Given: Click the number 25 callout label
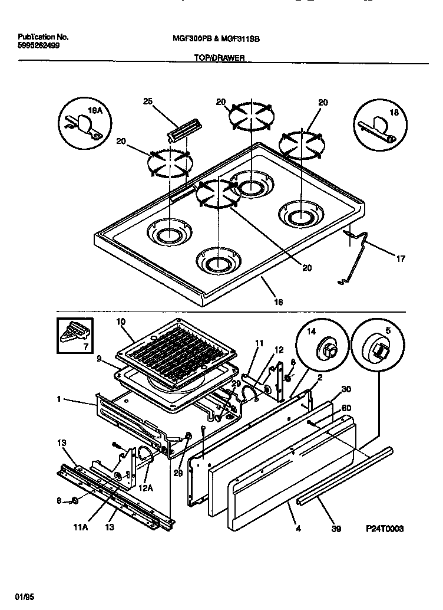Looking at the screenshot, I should [x=148, y=101].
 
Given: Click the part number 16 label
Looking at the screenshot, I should [x=278, y=301].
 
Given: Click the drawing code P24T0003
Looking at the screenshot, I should [x=384, y=529].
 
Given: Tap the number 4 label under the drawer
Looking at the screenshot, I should [x=298, y=529].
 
